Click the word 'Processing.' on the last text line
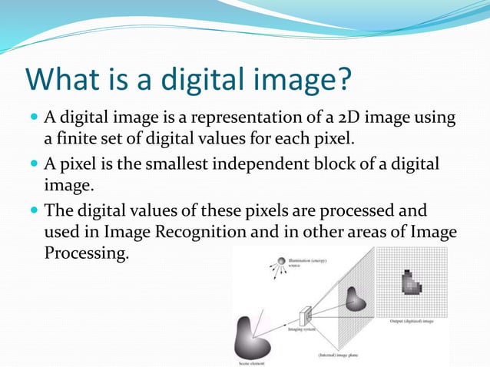(x=84, y=253)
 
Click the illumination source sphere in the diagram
(x=282, y=262)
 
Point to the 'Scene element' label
(x=253, y=362)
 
